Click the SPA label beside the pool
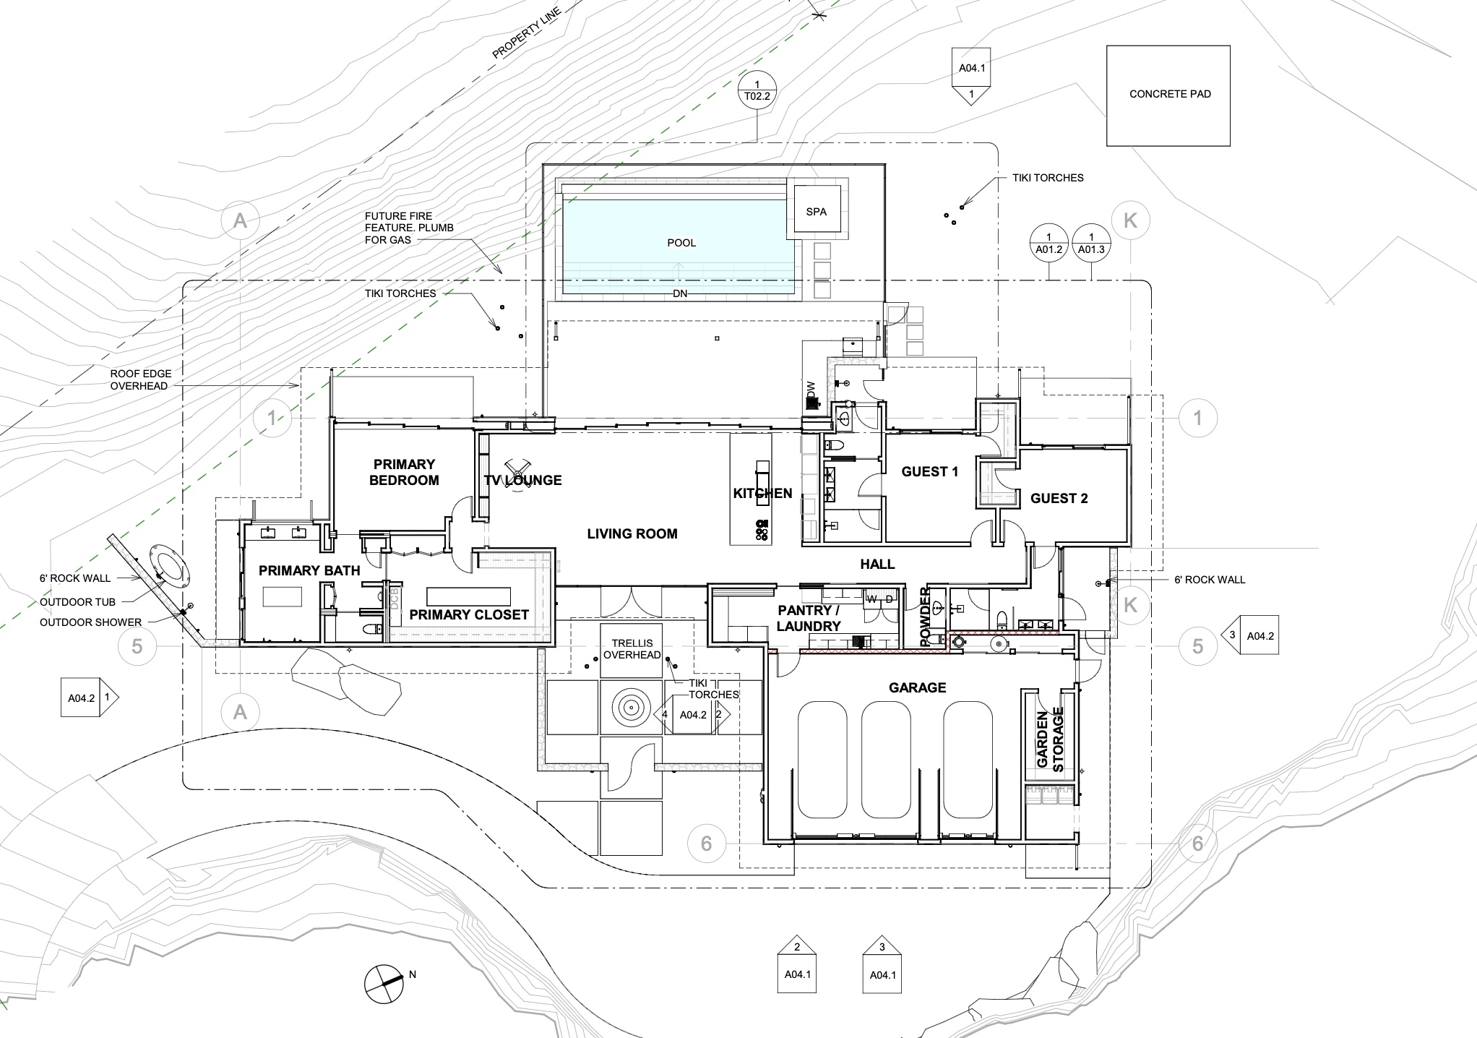[817, 212]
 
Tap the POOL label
[681, 243]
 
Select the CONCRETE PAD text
[1170, 94]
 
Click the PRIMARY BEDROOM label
[404, 472]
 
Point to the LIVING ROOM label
[632, 534]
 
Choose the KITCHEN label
[762, 494]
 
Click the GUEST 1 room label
[930, 472]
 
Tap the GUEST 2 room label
[1059, 499]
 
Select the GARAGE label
[918, 687]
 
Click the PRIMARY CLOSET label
[469, 615]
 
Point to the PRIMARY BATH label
[309, 571]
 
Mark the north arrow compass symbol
[383, 983]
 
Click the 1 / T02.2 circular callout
[757, 90]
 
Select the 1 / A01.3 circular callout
[1091, 243]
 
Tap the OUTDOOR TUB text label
[77, 602]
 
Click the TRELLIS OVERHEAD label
[632, 649]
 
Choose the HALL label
[877, 565]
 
